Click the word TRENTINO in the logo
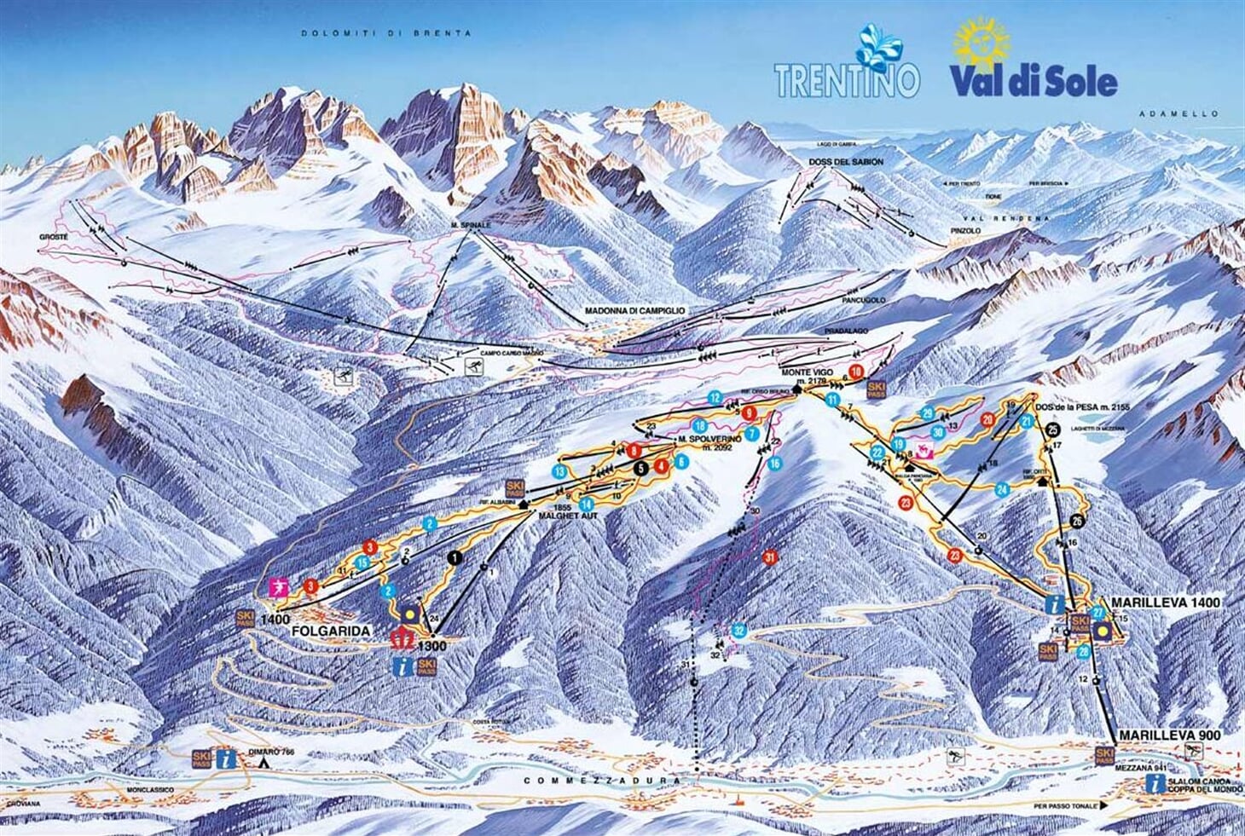coord(847,79)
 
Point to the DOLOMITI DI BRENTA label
coord(385,33)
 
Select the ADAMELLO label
coord(1191,113)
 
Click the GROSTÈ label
coord(53,235)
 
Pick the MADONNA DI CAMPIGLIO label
coord(634,311)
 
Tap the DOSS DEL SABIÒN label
coord(846,161)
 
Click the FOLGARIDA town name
coord(331,631)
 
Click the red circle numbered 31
coord(770,557)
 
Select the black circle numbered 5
coord(640,467)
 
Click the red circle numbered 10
coord(856,369)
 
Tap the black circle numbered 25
coord(1053,429)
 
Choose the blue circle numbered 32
coord(739,631)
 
